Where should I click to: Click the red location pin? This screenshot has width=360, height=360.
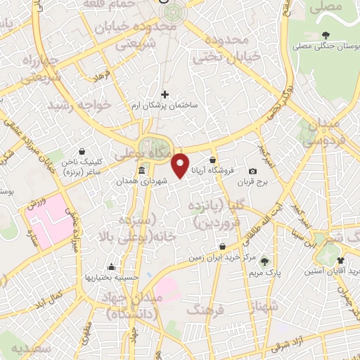pos(181,165)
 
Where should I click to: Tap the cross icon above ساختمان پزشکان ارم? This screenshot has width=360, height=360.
pos(165,94)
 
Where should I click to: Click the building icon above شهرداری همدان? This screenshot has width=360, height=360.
pos(143,171)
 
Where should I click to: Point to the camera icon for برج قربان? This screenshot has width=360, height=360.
pos(252,171)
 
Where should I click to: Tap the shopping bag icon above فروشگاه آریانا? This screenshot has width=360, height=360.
pos(212,160)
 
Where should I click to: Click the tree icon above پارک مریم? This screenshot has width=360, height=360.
pos(264,259)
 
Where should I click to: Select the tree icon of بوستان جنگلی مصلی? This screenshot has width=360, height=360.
pos(325,34)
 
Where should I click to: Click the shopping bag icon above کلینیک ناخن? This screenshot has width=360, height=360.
pos(82,150)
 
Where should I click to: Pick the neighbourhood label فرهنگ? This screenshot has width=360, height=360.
pos(205,309)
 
